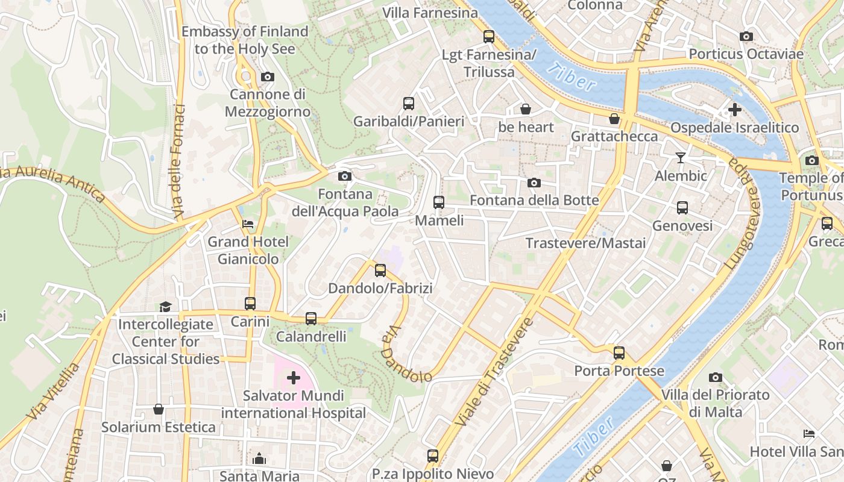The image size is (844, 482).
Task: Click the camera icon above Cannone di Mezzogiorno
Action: pyautogui.click(x=267, y=77)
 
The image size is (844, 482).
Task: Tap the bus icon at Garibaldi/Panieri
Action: pyautogui.click(x=409, y=104)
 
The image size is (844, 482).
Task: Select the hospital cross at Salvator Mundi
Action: pyautogui.click(x=294, y=378)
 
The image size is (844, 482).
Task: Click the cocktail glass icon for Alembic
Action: pyautogui.click(x=681, y=158)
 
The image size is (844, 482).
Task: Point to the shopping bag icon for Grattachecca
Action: pyautogui.click(x=614, y=119)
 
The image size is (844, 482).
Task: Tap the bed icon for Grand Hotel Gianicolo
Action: pyautogui.click(x=248, y=224)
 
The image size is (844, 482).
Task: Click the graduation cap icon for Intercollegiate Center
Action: pyautogui.click(x=165, y=307)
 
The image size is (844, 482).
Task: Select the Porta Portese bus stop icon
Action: pyautogui.click(x=619, y=353)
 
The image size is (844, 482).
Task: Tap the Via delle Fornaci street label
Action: pyautogui.click(x=178, y=161)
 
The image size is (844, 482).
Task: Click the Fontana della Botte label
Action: pyautogui.click(x=534, y=200)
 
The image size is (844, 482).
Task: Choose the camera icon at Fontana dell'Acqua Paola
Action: pyautogui.click(x=345, y=176)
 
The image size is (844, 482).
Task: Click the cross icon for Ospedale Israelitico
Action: pyautogui.click(x=734, y=110)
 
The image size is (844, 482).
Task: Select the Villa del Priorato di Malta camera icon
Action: pyautogui.click(x=716, y=378)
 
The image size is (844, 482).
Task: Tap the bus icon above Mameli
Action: pyautogui.click(x=439, y=202)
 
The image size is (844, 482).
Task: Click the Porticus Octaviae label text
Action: pyautogui.click(x=746, y=54)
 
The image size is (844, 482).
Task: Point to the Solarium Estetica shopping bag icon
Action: pyautogui.click(x=159, y=410)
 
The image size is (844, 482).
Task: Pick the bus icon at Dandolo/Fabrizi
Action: pyautogui.click(x=380, y=271)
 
